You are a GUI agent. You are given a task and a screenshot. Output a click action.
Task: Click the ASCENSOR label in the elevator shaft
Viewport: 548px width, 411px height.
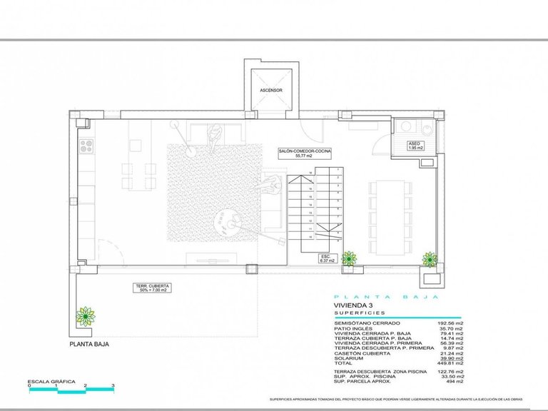tap(271, 91)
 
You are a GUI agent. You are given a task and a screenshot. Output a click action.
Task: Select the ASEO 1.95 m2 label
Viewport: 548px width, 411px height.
tap(415, 146)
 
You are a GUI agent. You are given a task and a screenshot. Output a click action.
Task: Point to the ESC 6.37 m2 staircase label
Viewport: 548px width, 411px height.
tap(325, 258)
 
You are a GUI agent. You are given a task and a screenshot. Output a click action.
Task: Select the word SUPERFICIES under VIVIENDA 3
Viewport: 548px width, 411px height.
tap(359, 313)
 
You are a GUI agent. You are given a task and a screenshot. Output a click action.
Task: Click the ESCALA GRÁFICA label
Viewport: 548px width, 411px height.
tap(51, 382)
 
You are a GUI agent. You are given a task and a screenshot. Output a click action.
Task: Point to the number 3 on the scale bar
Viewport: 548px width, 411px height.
tap(113, 386)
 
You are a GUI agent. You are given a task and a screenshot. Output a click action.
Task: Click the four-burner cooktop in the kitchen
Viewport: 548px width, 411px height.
tap(87, 146)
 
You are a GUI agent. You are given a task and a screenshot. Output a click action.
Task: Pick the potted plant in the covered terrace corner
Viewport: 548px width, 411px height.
tap(86, 315)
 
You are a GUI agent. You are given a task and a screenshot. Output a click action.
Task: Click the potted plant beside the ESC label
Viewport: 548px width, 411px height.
tap(349, 258)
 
